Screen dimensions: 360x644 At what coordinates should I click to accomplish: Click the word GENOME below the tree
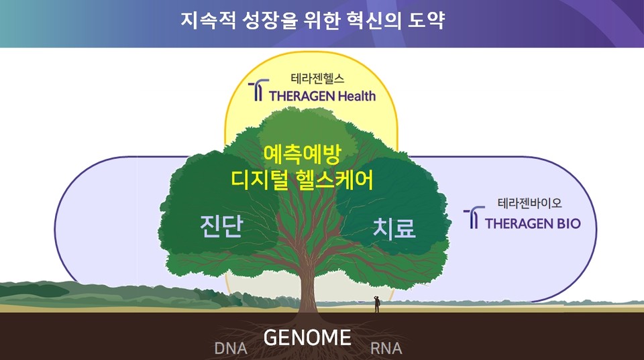pyautogui.click(x=307, y=337)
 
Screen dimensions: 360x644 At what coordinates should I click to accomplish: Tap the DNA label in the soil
pyautogui.click(x=231, y=349)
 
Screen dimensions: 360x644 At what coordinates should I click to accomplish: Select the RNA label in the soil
pyautogui.click(x=386, y=349)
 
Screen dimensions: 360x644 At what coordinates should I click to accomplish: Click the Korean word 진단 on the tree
pyautogui.click(x=221, y=226)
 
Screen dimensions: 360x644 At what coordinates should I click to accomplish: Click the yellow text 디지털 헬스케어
pyautogui.click(x=302, y=180)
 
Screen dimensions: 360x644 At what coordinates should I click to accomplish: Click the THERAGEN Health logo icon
pyautogui.click(x=257, y=91)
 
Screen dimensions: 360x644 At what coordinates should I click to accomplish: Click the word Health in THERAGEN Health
pyautogui.click(x=352, y=95)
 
